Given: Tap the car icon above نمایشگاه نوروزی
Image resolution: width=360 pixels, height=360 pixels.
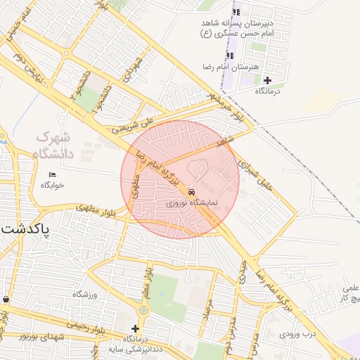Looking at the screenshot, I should pos(192,192).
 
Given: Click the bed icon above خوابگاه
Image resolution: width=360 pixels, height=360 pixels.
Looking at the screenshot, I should pos(52,174).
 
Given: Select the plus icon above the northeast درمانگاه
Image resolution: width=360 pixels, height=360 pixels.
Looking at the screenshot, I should pos(267,81).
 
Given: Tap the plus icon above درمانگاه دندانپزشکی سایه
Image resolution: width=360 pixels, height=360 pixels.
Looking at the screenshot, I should pos(135,328).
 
